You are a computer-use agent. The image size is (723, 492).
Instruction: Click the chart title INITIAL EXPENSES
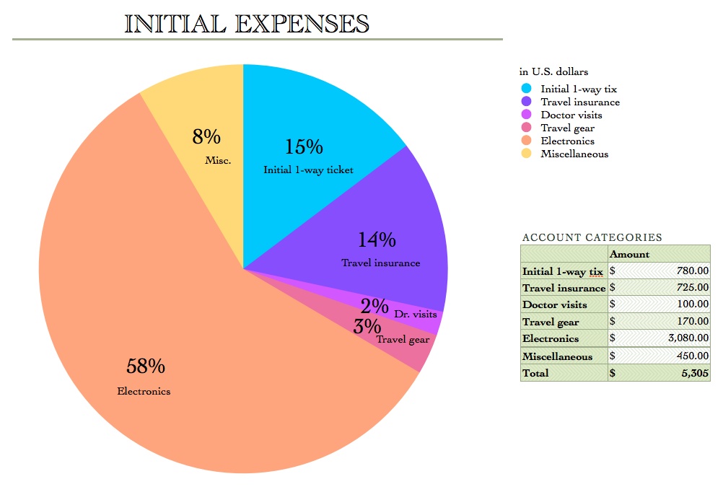click(247, 23)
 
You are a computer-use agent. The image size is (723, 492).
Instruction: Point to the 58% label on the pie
click(146, 366)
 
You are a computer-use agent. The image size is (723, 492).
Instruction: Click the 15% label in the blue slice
click(304, 147)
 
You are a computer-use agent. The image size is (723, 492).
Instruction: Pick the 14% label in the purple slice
click(377, 240)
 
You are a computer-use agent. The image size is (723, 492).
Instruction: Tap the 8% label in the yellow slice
click(206, 136)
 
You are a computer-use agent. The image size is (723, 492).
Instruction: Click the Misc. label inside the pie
click(218, 160)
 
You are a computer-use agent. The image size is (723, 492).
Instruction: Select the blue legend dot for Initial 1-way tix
click(526, 89)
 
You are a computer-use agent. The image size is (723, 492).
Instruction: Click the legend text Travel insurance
click(580, 102)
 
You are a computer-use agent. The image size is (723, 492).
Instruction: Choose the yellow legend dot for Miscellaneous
click(526, 154)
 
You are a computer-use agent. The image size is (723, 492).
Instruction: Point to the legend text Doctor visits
click(571, 115)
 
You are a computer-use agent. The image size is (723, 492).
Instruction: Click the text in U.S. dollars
click(553, 71)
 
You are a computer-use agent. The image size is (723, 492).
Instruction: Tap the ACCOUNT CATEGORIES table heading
click(592, 237)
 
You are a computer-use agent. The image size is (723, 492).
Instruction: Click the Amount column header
click(629, 254)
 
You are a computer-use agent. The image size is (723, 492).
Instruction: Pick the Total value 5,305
click(695, 373)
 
